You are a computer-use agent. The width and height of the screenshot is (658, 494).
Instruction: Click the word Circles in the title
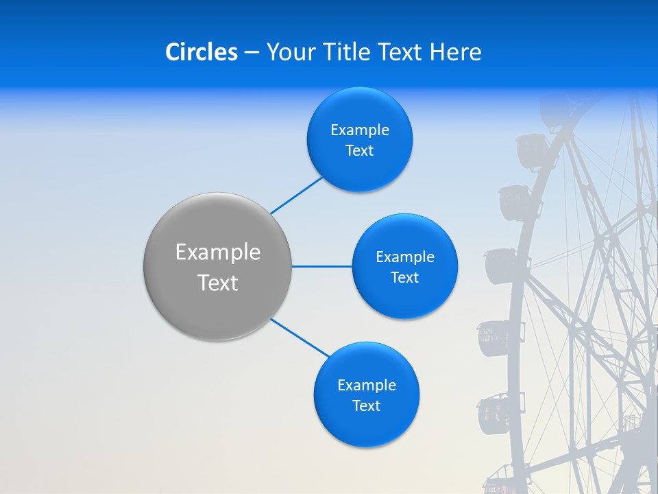[x=201, y=52]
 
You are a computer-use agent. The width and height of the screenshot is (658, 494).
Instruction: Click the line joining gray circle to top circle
[x=296, y=195]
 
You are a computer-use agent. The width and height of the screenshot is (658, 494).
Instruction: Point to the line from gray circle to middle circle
[x=321, y=266]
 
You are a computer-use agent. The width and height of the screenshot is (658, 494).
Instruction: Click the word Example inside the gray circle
[x=218, y=252]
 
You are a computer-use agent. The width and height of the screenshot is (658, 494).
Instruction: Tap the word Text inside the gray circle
[x=218, y=283]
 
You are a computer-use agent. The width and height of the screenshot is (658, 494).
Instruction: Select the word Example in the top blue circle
[x=360, y=130]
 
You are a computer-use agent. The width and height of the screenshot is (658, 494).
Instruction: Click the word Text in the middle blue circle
[x=404, y=278]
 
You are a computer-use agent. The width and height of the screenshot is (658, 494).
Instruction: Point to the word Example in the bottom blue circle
[x=367, y=386]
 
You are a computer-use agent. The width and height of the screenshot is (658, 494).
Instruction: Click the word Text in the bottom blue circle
[x=366, y=406]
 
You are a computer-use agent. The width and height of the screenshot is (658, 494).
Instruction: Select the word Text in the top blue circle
[x=359, y=151]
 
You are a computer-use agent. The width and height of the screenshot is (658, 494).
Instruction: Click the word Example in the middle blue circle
[x=405, y=257]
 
